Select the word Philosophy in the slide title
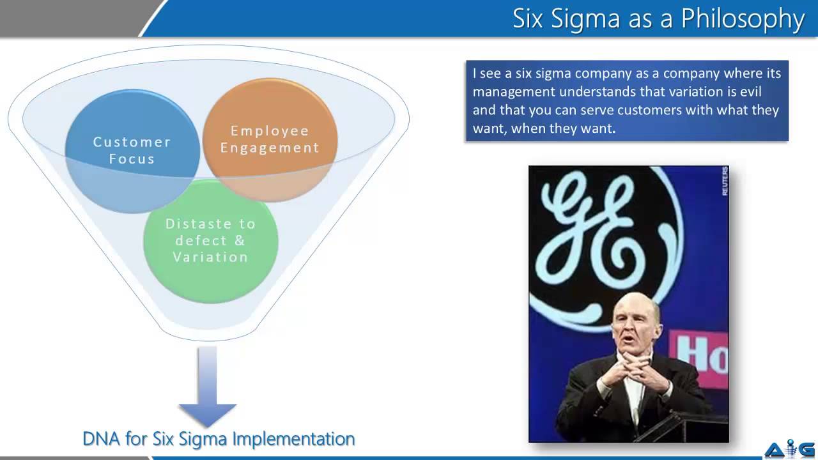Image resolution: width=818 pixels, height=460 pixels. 742,19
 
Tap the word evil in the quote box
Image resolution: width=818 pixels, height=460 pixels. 749,91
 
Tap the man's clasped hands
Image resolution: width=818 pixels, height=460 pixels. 629,371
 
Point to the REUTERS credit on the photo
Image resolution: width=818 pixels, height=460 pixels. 725,181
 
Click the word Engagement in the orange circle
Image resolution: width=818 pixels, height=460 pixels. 270,148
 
